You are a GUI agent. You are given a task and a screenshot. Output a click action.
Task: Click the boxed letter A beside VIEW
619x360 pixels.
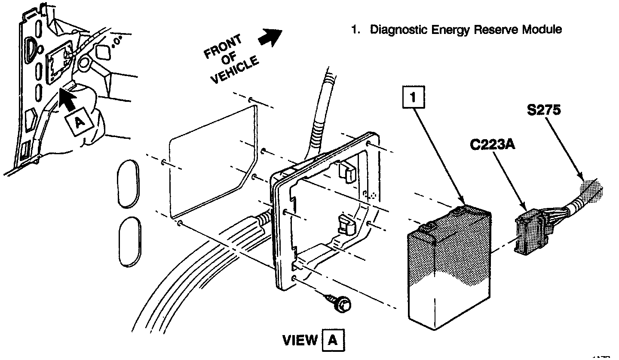[x=333, y=341]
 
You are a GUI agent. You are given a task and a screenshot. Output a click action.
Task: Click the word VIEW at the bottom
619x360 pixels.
[x=300, y=341]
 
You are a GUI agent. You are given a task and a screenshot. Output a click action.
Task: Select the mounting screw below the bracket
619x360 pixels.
[x=341, y=304]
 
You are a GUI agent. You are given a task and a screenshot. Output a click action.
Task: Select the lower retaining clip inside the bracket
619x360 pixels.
[x=347, y=225]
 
